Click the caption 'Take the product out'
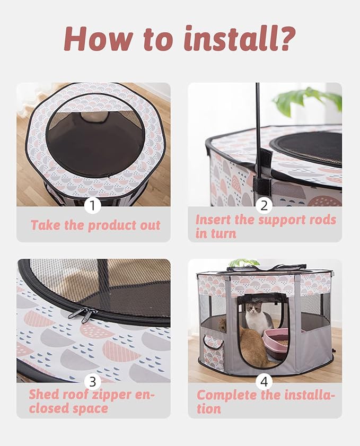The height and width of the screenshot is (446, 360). pos(95,225)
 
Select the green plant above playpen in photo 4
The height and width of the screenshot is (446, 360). pos(243,263)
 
